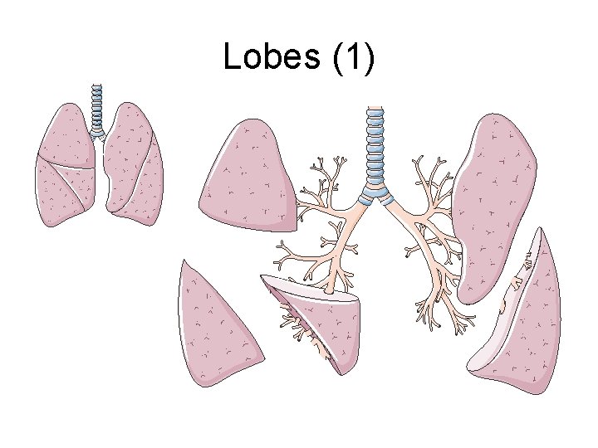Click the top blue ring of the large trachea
click(x=377, y=110)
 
